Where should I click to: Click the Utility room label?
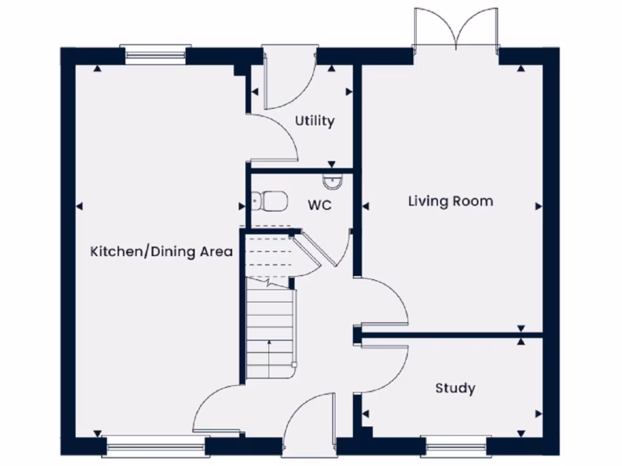pos(315,121)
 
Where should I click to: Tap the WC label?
pos(319,206)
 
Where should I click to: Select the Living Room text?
pos(450,201)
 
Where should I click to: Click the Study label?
pos(455,388)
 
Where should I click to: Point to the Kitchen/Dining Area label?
pos(162,251)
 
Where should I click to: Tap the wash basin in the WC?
pos(332,180)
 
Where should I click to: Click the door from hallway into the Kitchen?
pos(216,410)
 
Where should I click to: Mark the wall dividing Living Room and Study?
pos(449,334)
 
